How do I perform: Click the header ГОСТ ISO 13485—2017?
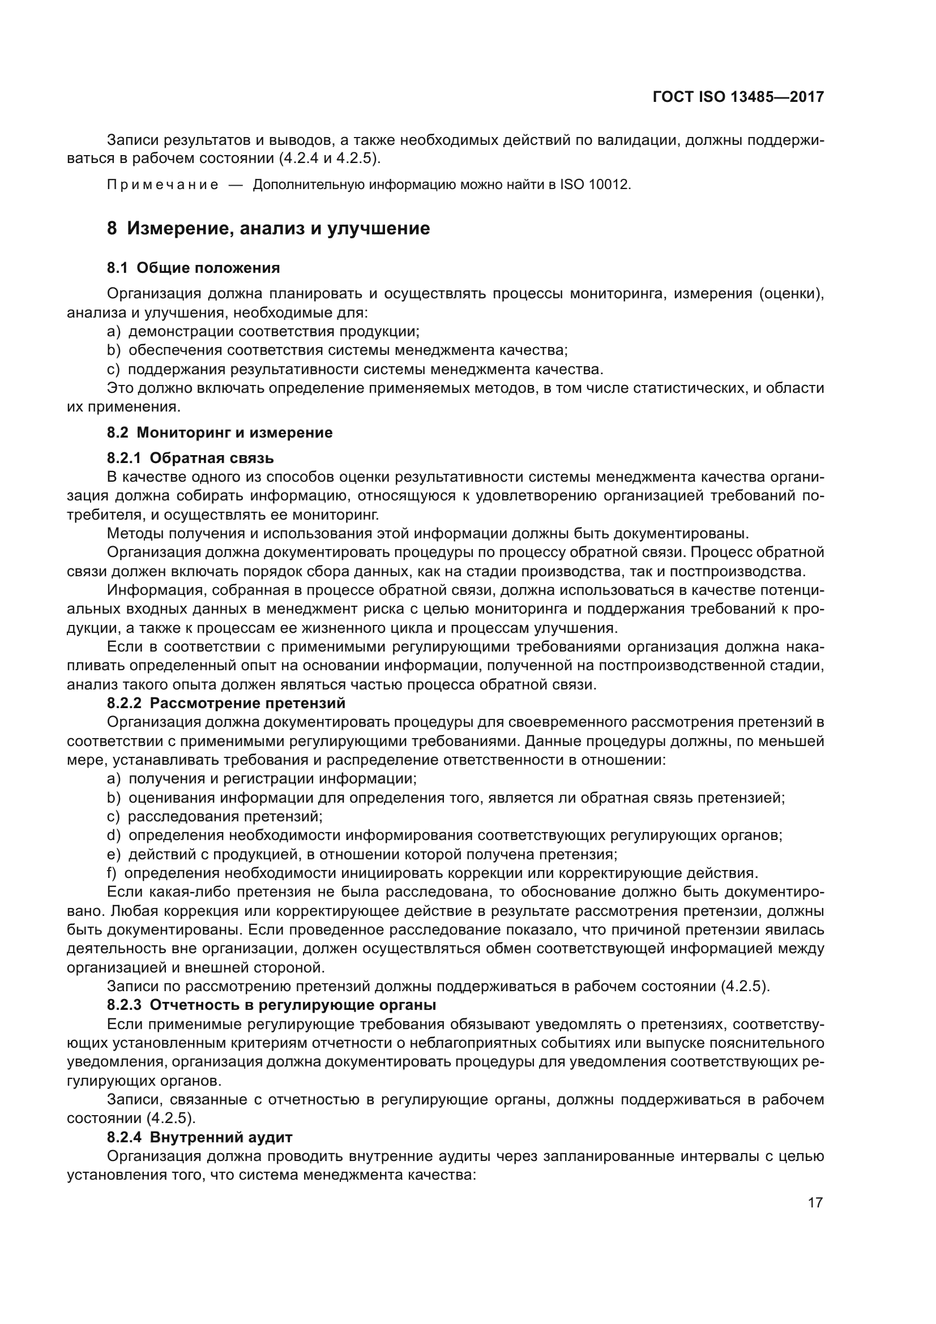tap(738, 97)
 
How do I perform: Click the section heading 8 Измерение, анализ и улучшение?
tap(268, 228)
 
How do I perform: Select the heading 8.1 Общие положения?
tap(193, 268)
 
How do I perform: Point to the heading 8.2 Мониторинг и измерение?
tap(220, 432)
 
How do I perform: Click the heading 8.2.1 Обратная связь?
tap(190, 458)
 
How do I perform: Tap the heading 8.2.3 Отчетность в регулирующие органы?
tap(271, 1005)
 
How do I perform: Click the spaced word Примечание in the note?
tap(163, 185)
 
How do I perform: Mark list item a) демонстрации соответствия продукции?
tap(263, 332)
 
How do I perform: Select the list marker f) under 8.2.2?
tap(112, 873)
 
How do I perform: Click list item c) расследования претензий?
tap(215, 817)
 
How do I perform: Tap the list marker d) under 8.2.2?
tap(114, 835)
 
